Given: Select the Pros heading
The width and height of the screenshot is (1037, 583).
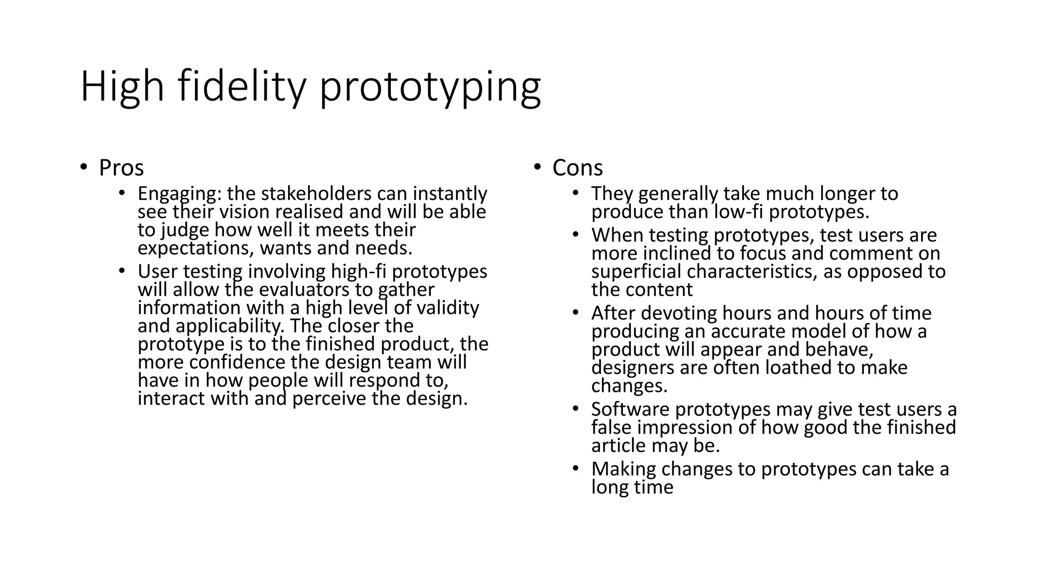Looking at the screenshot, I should coord(121,168).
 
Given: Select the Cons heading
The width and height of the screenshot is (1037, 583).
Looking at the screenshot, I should coord(577,168).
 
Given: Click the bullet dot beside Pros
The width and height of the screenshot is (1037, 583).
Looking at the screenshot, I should coord(84,166).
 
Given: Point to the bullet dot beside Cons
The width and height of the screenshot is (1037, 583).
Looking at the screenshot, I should coord(537,166).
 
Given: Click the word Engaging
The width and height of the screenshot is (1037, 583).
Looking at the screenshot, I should coord(179,194).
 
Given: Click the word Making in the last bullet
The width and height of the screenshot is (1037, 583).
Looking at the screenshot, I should coord(623,469).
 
